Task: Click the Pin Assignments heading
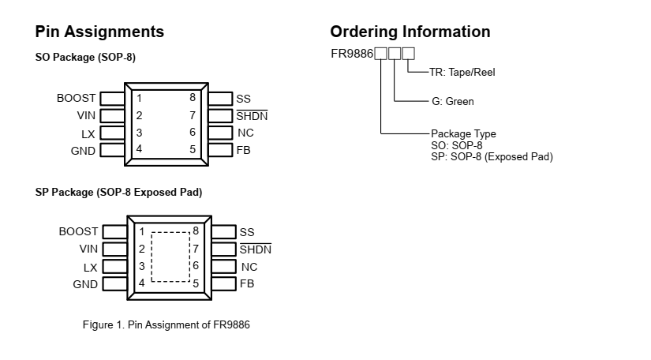coord(99,32)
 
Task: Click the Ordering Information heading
coord(410,32)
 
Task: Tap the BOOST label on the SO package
coord(76,99)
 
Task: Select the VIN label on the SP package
coord(88,249)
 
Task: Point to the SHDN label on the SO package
coord(252,116)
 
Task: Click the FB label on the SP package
coord(247,283)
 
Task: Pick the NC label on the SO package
coord(245,133)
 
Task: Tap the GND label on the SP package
coord(85,284)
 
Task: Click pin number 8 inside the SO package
coord(192,98)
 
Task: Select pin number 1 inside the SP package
coord(142,231)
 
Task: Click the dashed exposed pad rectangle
coord(170,257)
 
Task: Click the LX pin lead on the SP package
coord(115,267)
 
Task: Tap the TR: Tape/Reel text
coord(462,72)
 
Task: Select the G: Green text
coord(452,102)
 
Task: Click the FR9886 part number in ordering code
coord(352,54)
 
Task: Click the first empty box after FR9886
coord(380,54)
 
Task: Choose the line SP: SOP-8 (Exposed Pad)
coord(492,157)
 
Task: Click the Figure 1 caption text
coord(166,325)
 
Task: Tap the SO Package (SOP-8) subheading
coord(85,58)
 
